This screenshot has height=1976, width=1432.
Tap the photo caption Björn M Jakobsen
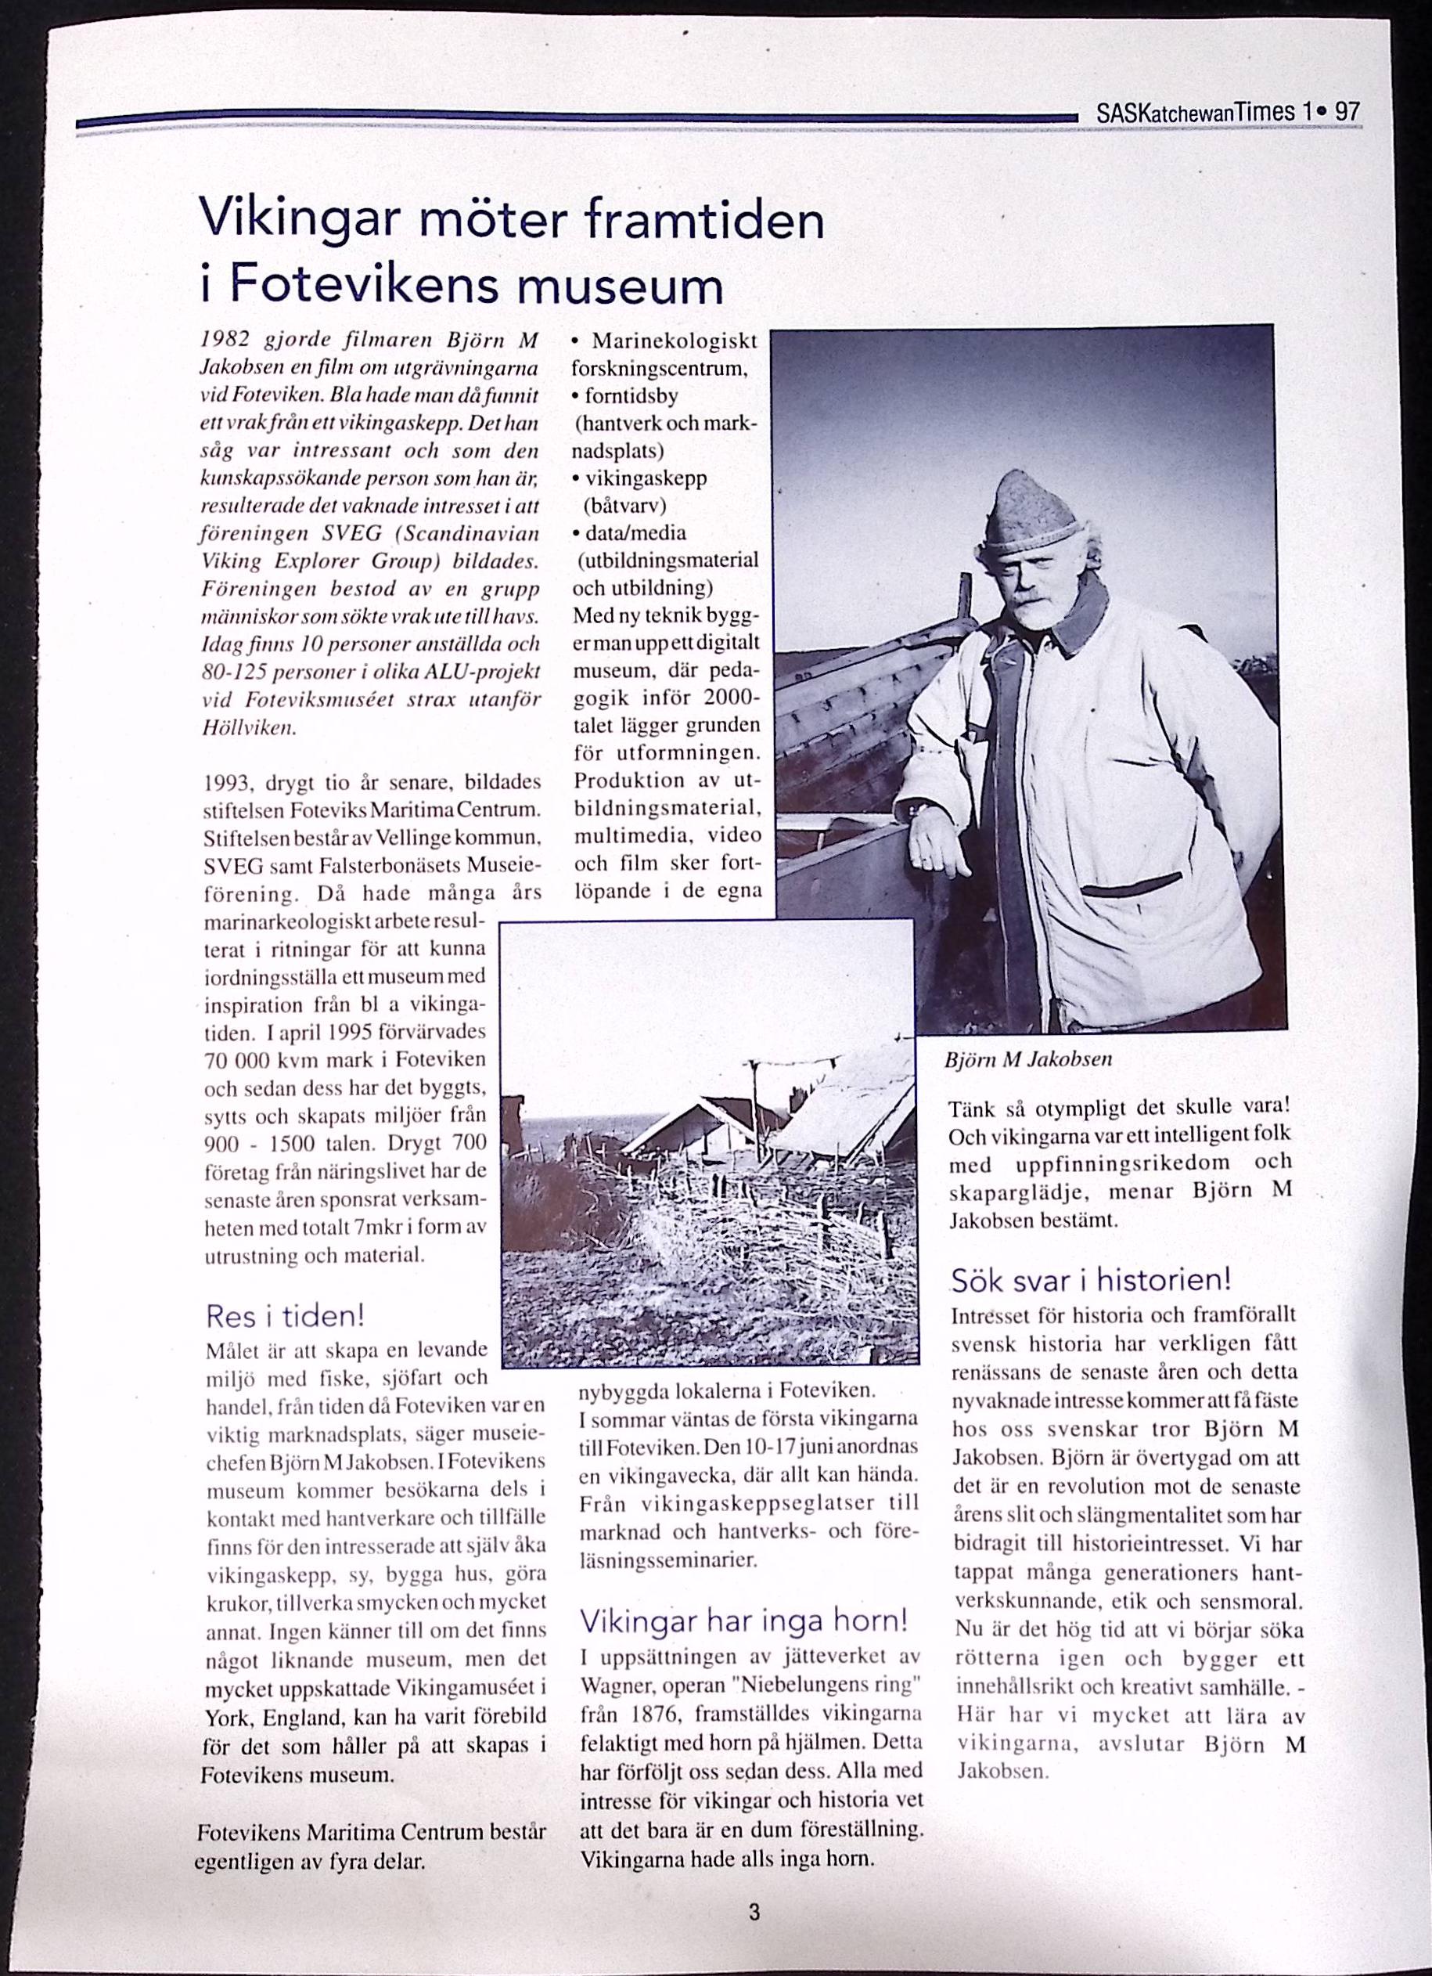tap(1028, 1059)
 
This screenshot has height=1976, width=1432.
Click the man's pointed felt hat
tap(1033, 516)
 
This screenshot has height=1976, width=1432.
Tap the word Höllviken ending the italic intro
tap(250, 728)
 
